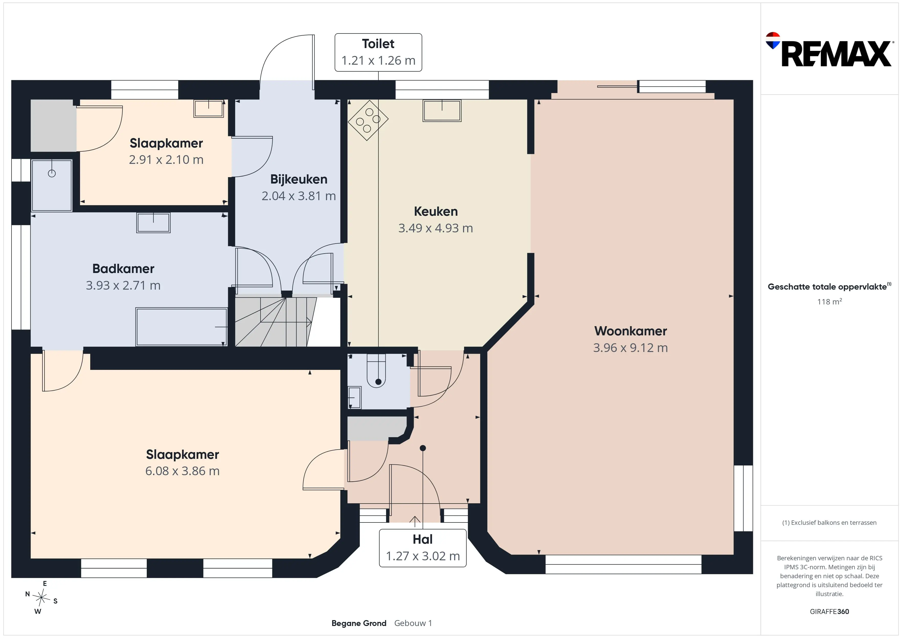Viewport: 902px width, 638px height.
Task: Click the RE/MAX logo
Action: pos(829,50)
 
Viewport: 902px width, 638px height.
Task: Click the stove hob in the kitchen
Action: pos(368,120)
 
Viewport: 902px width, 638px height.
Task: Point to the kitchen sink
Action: pos(442,110)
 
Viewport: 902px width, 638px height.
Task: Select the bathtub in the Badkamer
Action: pos(182,327)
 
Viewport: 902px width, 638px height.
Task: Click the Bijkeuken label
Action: pos(299,179)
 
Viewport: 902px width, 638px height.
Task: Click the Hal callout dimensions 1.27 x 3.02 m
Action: pos(423,556)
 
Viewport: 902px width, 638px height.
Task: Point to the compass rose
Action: pos(41,598)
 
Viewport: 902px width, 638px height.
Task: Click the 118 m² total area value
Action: pos(829,301)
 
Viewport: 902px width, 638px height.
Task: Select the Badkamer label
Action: pos(123,269)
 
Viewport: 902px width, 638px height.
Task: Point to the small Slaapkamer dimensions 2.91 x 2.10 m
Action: pos(166,159)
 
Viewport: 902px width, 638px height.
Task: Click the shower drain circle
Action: pos(52,173)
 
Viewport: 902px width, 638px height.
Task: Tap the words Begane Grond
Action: pos(359,623)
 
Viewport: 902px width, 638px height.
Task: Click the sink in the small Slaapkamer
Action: pos(209,108)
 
